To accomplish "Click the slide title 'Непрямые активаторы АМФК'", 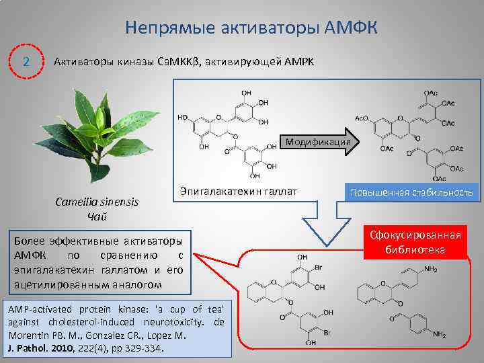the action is click(x=251, y=28).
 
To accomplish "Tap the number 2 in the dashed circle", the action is click(x=26, y=62).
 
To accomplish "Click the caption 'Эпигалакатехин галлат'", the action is click(x=239, y=193).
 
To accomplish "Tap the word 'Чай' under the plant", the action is click(x=94, y=216).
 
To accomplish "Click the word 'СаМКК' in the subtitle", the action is click(x=171, y=62).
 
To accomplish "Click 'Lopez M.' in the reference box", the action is click(x=167, y=335).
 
